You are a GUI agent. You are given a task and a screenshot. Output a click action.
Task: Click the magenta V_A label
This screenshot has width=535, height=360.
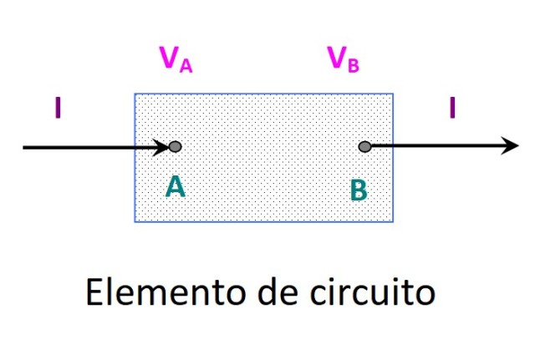tap(176, 60)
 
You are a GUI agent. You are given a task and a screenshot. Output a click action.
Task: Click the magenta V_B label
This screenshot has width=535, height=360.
tap(343, 60)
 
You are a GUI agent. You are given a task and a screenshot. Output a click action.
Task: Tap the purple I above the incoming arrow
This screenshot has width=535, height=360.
tap(57, 109)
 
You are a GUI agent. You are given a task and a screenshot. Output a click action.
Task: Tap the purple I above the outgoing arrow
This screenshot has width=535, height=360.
tap(452, 109)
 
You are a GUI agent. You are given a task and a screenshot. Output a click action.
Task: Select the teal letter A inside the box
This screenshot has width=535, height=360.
tap(175, 186)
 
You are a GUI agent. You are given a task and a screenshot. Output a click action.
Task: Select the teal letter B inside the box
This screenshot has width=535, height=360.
tap(358, 191)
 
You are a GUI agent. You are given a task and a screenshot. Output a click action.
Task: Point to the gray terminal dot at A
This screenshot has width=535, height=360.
tap(175, 148)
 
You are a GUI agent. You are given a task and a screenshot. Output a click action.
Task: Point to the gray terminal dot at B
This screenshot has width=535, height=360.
tap(364, 147)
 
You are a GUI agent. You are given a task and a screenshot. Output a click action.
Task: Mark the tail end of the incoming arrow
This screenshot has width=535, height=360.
tap(25, 148)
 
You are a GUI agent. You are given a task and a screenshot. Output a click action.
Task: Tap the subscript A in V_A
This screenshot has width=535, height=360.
tap(186, 67)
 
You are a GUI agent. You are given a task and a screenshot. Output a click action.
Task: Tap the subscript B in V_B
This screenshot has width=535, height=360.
tap(354, 67)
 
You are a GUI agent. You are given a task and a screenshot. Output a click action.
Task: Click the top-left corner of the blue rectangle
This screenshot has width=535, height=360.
tap(135, 94)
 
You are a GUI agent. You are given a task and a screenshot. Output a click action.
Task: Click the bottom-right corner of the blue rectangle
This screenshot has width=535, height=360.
tap(393, 221)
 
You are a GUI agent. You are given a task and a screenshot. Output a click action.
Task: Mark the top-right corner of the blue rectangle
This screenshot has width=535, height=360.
tap(393, 94)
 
